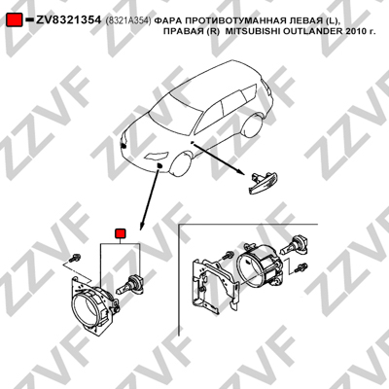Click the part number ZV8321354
point(68,20)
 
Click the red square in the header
point(15,20)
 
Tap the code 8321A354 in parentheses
point(128,21)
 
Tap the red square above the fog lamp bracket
point(121,233)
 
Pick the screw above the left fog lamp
point(75,258)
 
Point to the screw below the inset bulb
point(301,268)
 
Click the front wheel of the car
point(181,166)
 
